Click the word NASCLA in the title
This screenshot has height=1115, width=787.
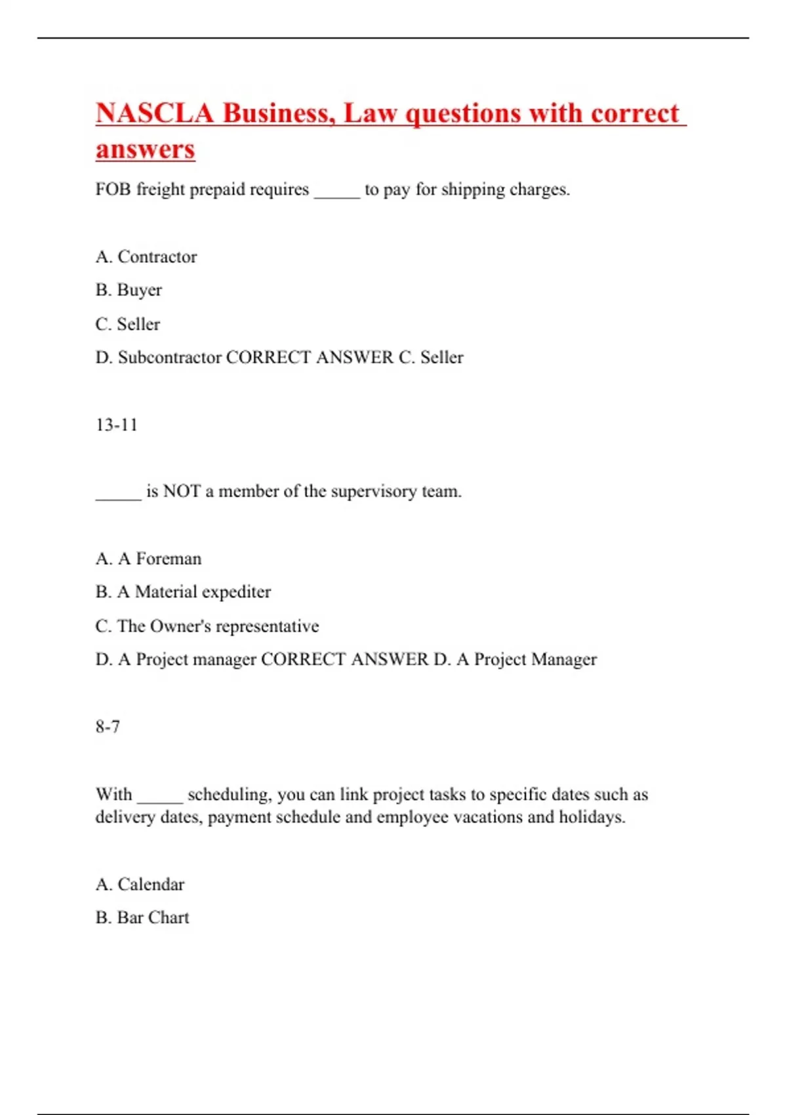click(155, 113)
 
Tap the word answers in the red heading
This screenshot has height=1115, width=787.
click(145, 149)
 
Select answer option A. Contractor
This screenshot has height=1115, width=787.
click(146, 256)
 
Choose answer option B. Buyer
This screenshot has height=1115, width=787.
click(129, 290)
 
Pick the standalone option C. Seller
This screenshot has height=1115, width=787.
click(127, 324)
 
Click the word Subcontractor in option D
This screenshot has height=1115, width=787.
click(170, 357)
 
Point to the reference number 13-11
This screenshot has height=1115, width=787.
click(116, 425)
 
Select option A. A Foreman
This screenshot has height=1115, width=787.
click(148, 559)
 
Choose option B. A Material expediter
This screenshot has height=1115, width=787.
click(183, 592)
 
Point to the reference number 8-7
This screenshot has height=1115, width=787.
click(108, 727)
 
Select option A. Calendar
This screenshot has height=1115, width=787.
click(140, 885)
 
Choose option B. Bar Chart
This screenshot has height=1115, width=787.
click(142, 918)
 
